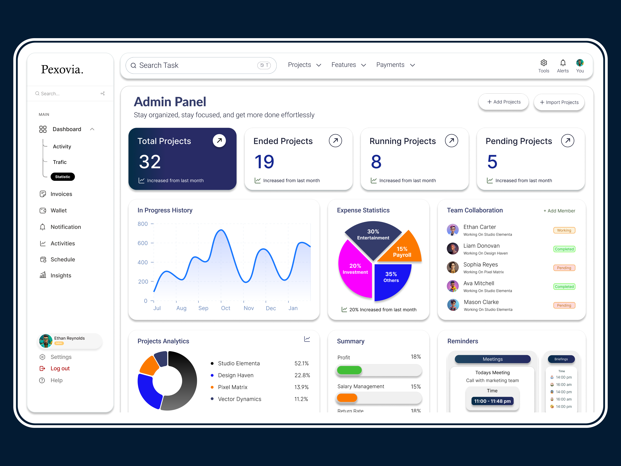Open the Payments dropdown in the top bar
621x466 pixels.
click(395, 65)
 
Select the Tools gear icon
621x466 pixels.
click(543, 63)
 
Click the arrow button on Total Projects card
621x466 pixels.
click(219, 140)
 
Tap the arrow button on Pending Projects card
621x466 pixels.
click(567, 140)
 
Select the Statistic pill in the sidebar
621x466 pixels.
click(63, 177)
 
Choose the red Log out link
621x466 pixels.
click(60, 369)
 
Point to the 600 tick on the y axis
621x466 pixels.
click(143, 243)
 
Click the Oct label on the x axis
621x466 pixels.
click(225, 308)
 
